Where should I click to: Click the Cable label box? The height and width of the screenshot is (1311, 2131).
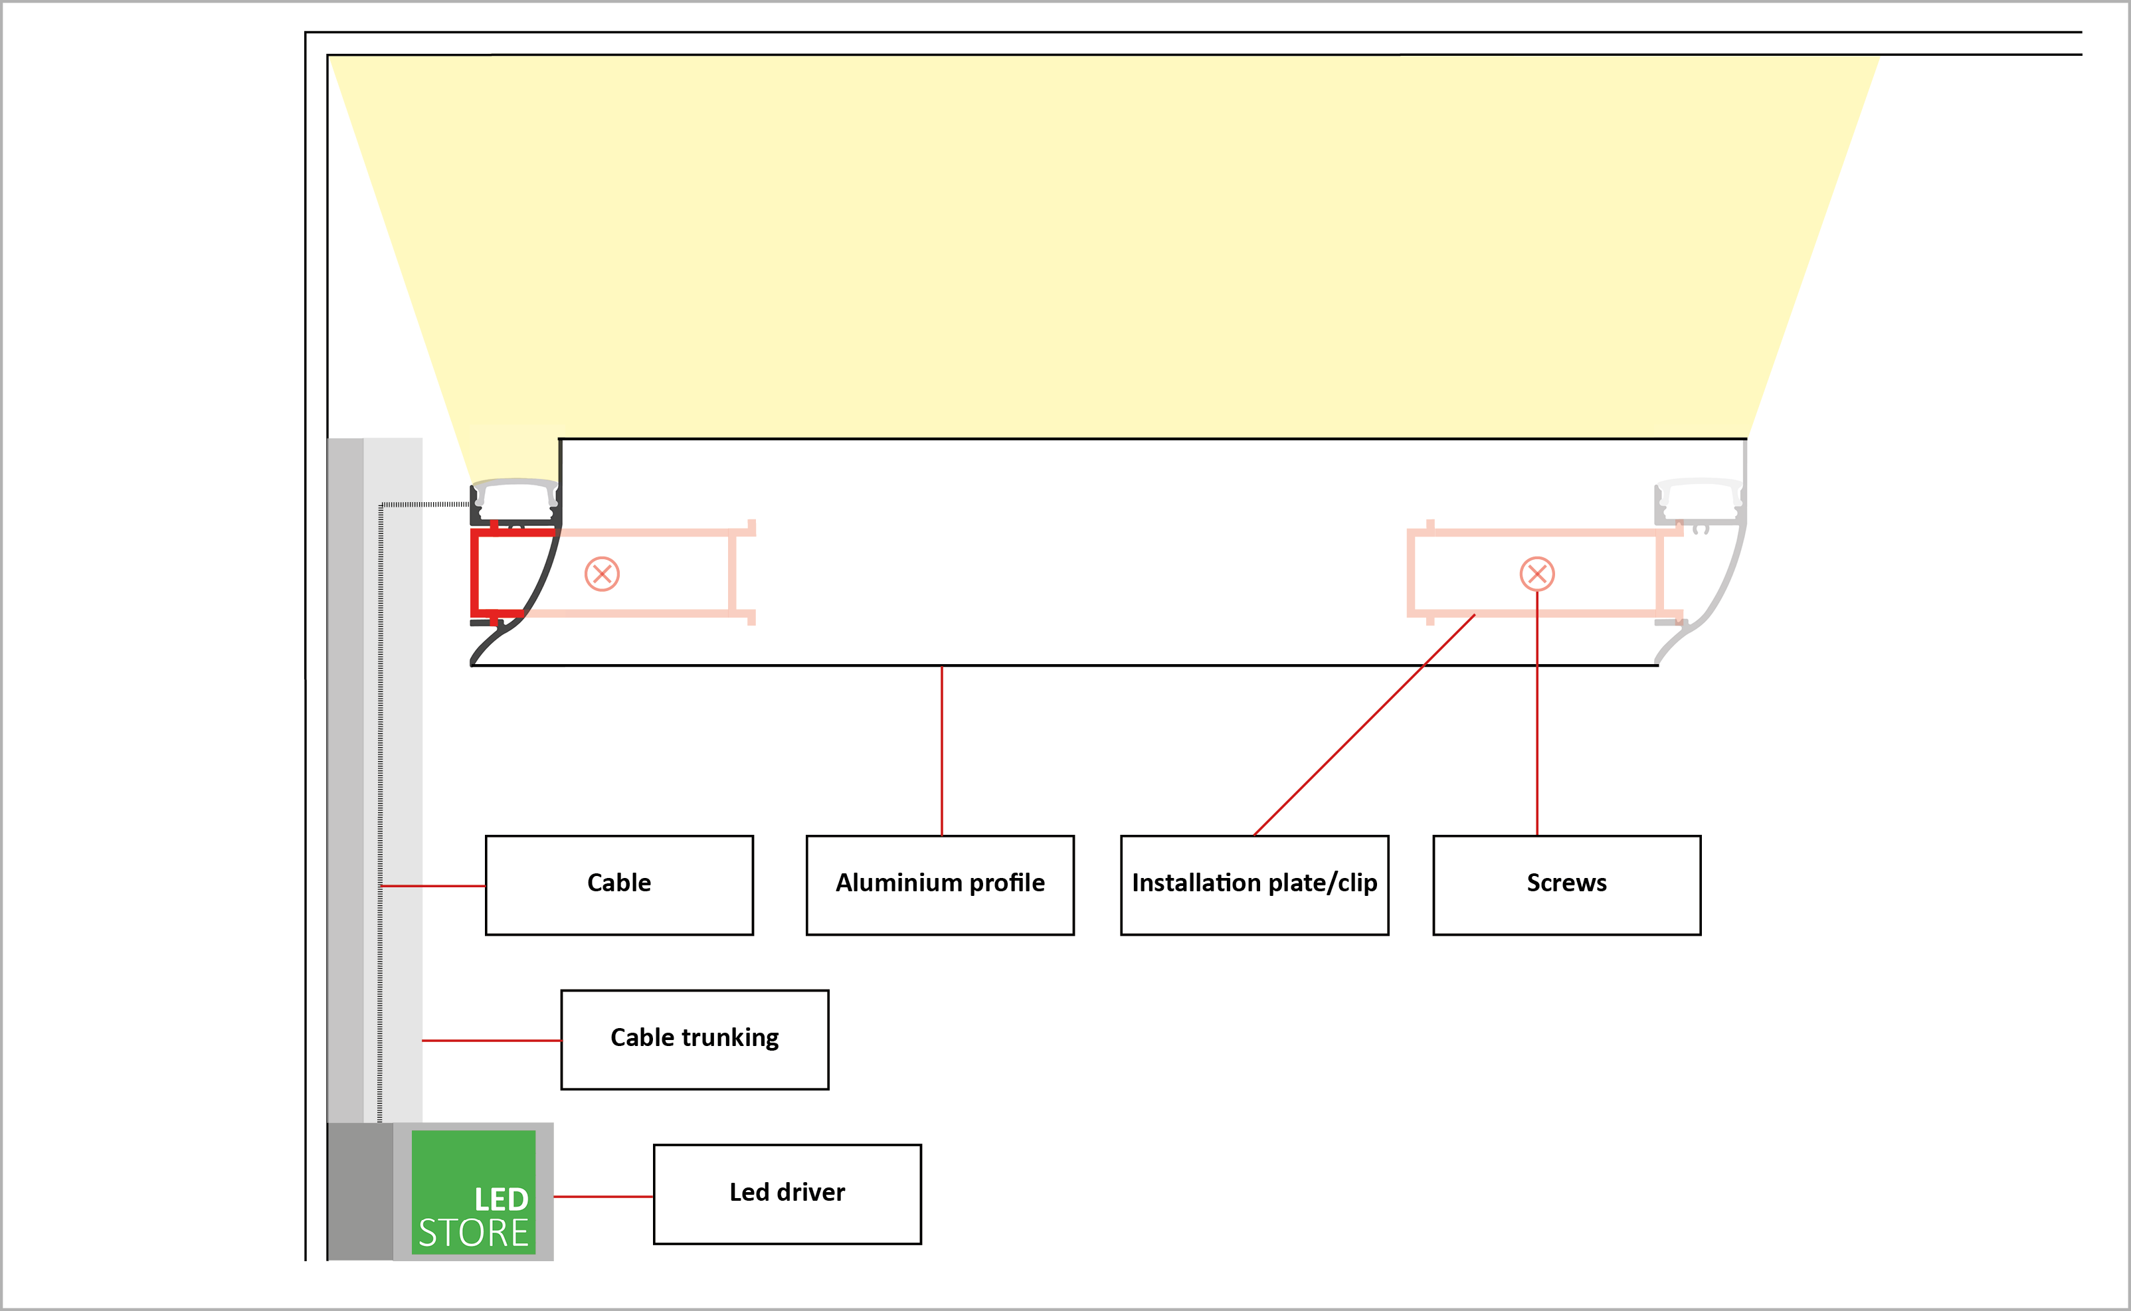[x=619, y=885]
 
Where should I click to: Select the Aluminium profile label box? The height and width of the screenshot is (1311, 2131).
[x=940, y=885]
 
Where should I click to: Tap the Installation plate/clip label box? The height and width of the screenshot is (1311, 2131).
[x=1255, y=885]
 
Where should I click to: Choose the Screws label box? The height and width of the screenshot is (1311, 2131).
[x=1566, y=885]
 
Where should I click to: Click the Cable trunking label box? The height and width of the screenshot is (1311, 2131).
[x=694, y=1039]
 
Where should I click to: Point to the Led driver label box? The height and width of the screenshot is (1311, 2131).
[x=787, y=1194]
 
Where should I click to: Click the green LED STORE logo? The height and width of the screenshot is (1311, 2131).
[x=474, y=1191]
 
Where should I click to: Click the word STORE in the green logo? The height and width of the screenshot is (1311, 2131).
[x=474, y=1233]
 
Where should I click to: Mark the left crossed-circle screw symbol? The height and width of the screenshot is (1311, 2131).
[x=602, y=574]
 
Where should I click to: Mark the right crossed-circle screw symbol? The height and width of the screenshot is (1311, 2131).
[x=1537, y=574]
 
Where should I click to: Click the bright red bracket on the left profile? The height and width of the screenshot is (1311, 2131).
[x=474, y=573]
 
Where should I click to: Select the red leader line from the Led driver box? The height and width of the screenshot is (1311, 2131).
[x=603, y=1197]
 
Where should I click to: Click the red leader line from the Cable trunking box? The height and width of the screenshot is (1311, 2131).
[x=492, y=1041]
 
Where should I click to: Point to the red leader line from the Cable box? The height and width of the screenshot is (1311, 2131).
[x=432, y=886]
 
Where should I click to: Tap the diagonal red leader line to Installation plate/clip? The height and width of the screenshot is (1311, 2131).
[x=1364, y=725]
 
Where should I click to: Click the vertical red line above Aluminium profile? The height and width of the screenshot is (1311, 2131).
[x=941, y=751]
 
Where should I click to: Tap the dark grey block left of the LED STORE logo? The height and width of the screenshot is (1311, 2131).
[x=360, y=1191]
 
